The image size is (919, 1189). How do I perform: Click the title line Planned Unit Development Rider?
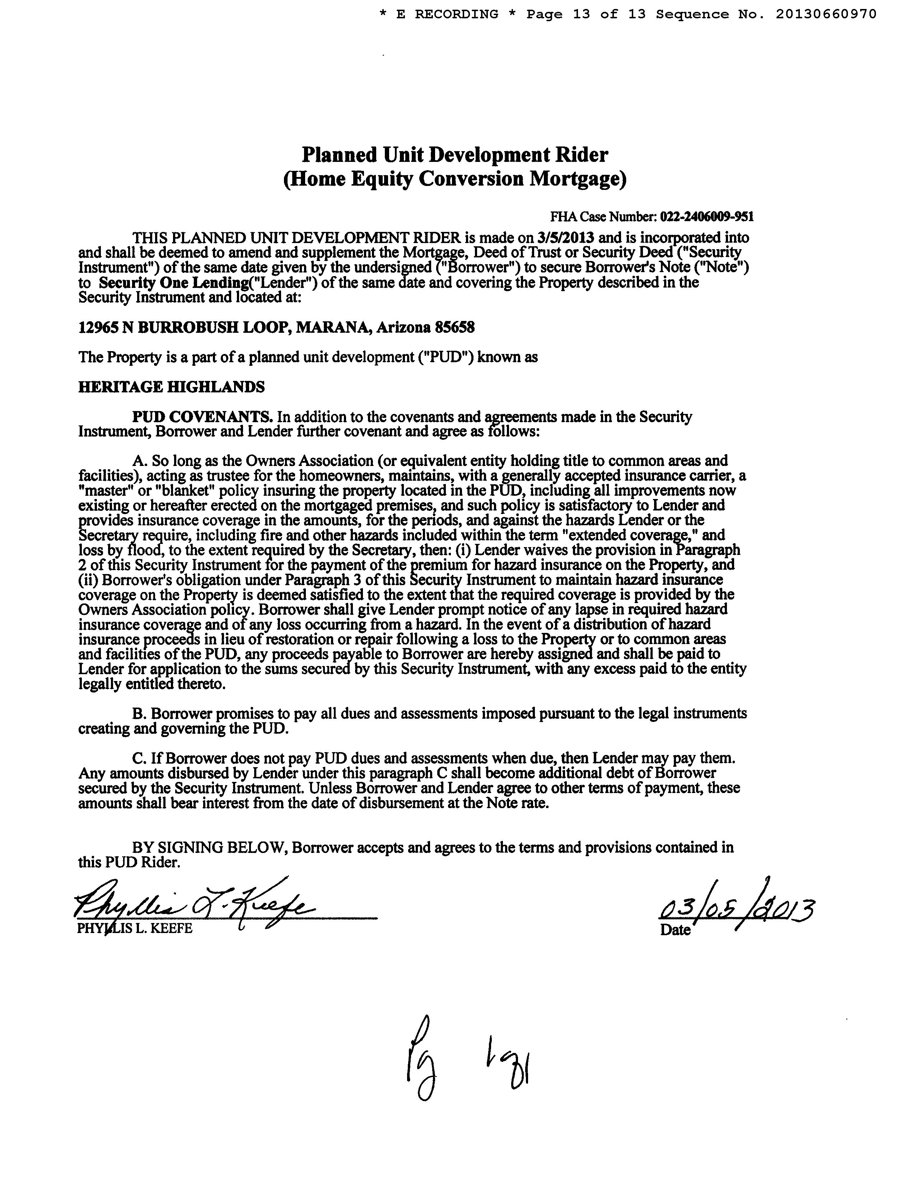(x=454, y=155)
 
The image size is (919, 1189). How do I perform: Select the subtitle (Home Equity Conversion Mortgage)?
(x=454, y=179)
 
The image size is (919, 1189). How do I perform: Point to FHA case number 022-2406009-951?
(x=707, y=217)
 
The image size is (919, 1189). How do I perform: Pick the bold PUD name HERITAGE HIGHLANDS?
(x=172, y=387)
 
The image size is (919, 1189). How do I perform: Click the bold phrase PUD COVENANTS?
(x=202, y=417)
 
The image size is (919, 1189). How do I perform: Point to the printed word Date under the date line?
(x=675, y=930)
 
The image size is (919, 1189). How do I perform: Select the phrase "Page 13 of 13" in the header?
(x=585, y=14)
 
